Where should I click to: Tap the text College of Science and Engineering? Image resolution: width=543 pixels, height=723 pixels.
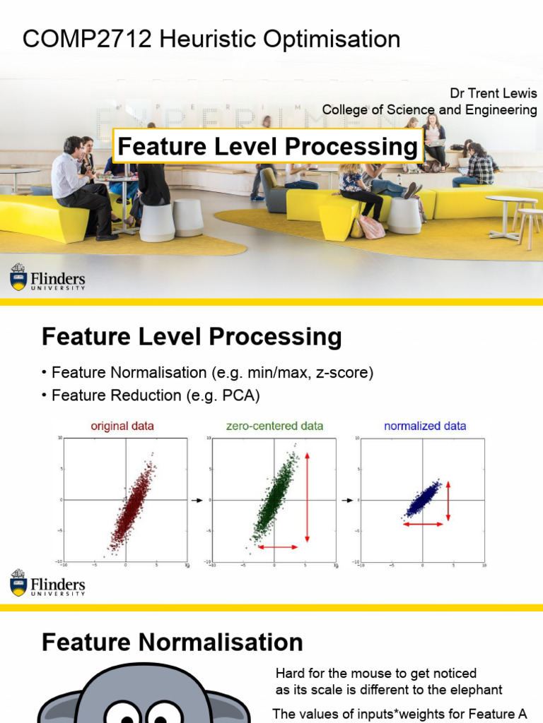(429, 109)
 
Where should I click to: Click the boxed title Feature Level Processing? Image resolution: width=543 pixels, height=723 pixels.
(267, 147)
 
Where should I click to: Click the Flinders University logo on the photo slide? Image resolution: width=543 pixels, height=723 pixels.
(47, 277)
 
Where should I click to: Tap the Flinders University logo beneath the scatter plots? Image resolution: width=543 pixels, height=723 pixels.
(47, 582)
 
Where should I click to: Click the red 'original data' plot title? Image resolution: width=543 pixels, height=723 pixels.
(122, 426)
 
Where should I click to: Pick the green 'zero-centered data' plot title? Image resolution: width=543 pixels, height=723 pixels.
(274, 426)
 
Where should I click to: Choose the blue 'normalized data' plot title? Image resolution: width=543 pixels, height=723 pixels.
(425, 426)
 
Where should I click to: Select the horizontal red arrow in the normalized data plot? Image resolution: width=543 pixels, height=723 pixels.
(424, 524)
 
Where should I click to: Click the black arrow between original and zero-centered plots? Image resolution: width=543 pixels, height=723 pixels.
(197, 501)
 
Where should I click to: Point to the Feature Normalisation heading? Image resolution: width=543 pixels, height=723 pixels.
(173, 643)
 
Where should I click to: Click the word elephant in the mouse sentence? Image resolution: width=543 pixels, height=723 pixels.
(478, 690)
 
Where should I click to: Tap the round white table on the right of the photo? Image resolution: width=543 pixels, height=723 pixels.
(511, 201)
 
